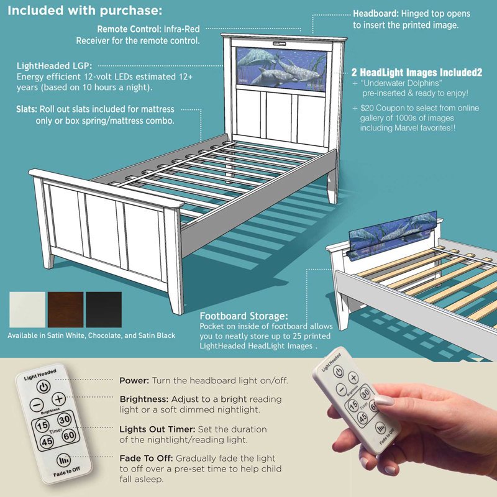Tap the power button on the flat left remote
click(42, 387)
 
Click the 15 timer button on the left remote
click(42, 426)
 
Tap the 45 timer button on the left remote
click(47, 442)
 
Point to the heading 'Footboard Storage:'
click(243, 315)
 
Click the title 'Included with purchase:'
click(85, 11)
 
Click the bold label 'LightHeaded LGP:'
click(54, 65)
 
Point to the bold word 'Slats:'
click(28, 109)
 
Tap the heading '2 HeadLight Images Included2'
click(417, 72)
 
